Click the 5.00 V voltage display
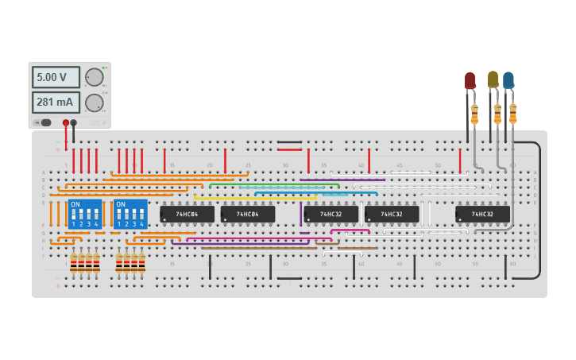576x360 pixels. click(56, 77)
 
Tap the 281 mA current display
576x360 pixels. click(56, 103)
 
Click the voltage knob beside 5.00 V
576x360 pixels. click(94, 77)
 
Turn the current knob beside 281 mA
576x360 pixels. click(94, 103)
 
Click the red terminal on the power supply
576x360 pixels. click(66, 122)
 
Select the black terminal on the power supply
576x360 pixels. click(74, 122)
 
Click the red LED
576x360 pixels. click(470, 80)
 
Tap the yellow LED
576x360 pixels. click(493, 79)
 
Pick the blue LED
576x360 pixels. click(508, 80)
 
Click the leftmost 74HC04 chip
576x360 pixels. click(187, 214)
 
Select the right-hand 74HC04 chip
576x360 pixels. click(248, 214)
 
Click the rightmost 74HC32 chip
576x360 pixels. click(482, 214)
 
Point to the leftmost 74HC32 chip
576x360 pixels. click(331, 214)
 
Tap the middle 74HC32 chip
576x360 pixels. click(392, 214)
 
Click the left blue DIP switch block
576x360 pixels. click(85, 214)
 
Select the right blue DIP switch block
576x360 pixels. click(131, 214)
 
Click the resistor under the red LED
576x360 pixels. click(474, 115)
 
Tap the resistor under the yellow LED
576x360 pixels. click(497, 114)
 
